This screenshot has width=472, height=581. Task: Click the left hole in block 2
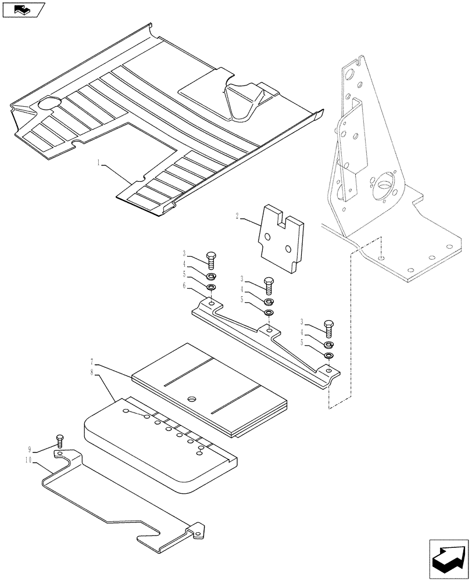(267, 237)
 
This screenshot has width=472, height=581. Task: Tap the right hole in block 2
(288, 248)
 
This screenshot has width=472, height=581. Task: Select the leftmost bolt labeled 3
(211, 260)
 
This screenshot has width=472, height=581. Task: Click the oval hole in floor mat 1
(49, 104)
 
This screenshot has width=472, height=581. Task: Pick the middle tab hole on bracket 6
(269, 330)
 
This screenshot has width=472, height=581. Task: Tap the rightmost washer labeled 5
(328, 356)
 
